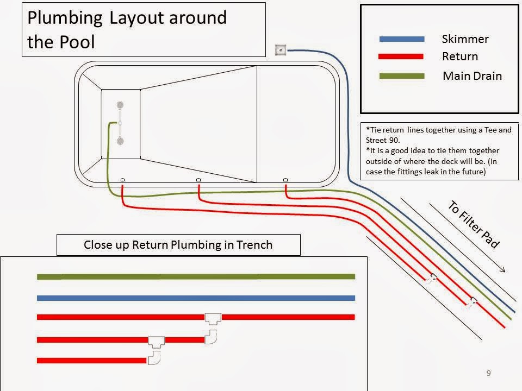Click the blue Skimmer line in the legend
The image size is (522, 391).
pos(402,39)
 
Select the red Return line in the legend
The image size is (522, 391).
pos(402,56)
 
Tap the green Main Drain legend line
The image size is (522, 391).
pos(402,76)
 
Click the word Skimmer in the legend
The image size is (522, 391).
pos(465,39)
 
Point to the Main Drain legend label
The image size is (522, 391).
pos(472,76)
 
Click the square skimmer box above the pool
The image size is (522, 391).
pos(281,50)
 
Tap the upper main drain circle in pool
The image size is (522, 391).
pos(120,104)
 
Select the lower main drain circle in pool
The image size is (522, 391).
pos(120,141)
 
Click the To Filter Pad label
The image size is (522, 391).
pos(473,224)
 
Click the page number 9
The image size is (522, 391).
pos(488,373)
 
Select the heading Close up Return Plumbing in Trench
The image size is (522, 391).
pos(178,244)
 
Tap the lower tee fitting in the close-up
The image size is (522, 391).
pos(157,341)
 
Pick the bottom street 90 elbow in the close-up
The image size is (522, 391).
pos(154,357)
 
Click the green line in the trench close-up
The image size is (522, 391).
pos(196,276)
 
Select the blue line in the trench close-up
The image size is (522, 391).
pos(196,298)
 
